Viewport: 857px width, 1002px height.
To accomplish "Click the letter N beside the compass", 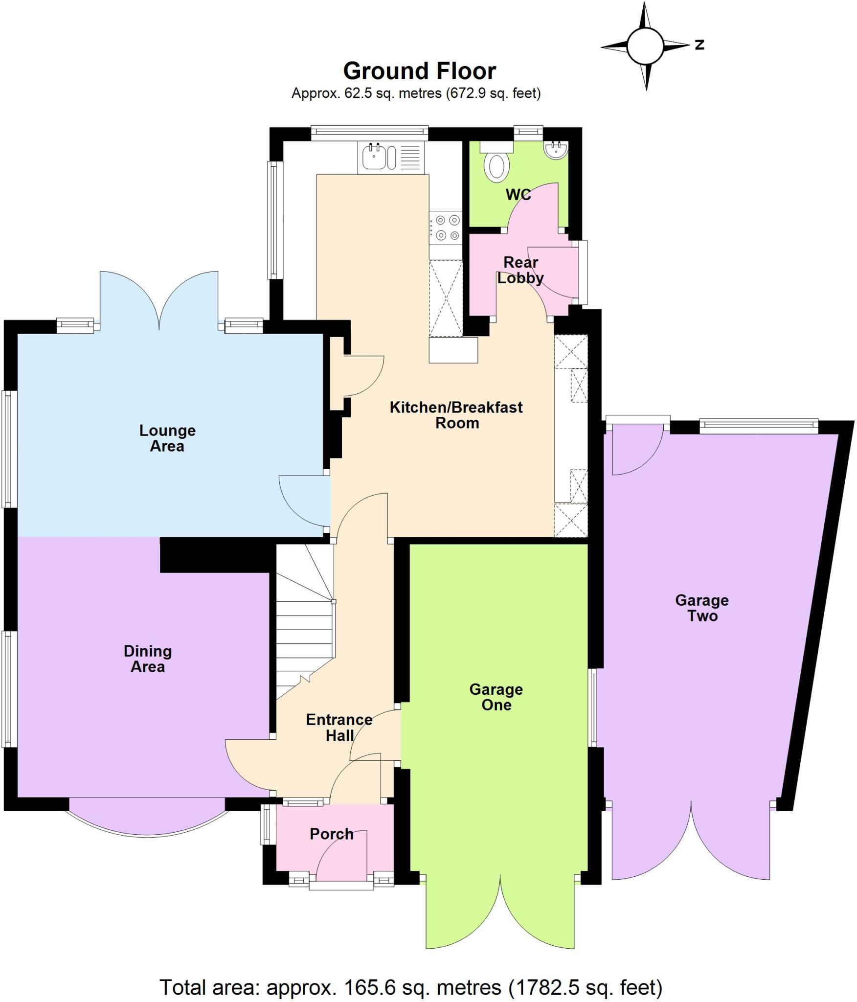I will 699,45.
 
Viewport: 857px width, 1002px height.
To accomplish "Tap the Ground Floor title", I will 419,71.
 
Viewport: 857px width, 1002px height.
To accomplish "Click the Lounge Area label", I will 167,438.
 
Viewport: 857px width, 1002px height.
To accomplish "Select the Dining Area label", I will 148,659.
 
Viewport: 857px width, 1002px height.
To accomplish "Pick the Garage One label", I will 496,697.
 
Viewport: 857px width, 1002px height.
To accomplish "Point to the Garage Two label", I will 702,608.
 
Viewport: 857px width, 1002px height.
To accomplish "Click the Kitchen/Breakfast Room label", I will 456,415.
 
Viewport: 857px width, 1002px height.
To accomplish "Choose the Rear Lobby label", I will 520,270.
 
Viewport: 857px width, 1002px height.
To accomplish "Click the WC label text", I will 518,195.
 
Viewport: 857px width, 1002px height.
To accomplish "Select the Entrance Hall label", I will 339,728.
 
